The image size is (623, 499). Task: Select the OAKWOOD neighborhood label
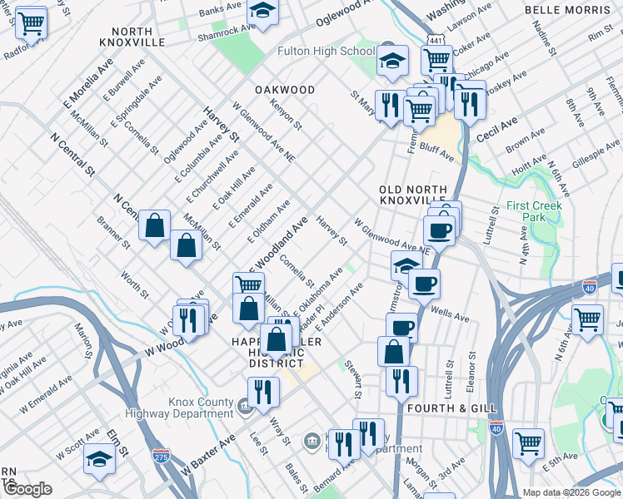click(x=285, y=90)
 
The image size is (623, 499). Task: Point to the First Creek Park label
click(x=534, y=211)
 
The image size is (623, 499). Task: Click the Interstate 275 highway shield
click(x=162, y=456)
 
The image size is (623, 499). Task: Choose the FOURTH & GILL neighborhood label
click(x=451, y=408)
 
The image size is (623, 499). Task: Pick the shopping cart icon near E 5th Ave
click(x=528, y=442)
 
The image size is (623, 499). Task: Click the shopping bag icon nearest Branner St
click(x=155, y=225)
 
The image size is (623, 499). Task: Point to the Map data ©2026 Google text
click(x=571, y=492)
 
